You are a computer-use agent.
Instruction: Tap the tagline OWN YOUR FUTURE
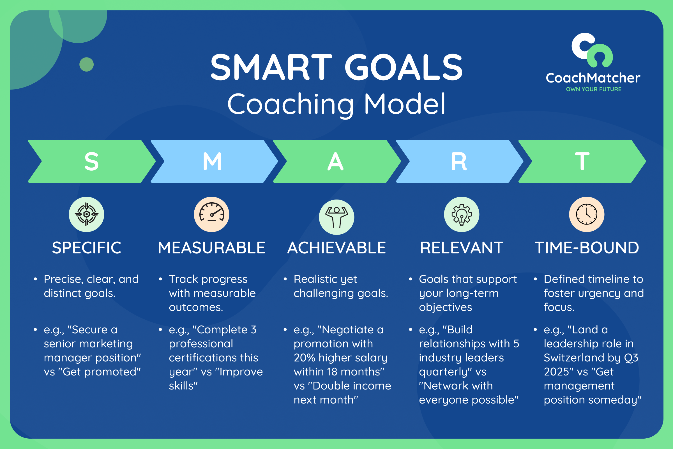coord(593,89)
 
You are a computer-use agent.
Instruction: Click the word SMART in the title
coord(271,68)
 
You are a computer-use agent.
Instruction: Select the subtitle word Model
coord(405,104)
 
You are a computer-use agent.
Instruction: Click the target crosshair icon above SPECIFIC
coord(86,214)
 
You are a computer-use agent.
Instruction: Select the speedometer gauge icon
coord(211,214)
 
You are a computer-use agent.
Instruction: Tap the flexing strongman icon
coord(336,217)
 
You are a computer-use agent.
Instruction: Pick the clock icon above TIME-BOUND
coord(587,214)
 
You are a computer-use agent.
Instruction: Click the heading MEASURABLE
coord(211,248)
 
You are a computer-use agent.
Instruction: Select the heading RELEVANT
coord(462,248)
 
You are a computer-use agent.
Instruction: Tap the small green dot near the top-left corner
coord(86,65)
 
